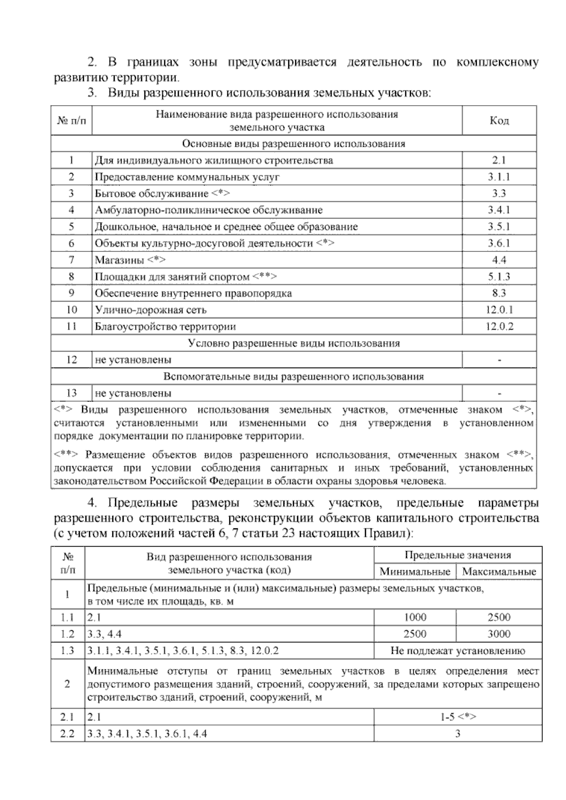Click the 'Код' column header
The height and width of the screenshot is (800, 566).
click(x=499, y=121)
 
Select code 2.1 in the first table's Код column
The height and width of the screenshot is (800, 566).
click(x=499, y=160)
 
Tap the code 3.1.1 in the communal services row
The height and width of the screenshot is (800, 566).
click(x=499, y=177)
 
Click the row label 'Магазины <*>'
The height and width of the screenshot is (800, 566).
click(x=130, y=260)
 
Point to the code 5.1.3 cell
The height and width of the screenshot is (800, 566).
click(x=499, y=277)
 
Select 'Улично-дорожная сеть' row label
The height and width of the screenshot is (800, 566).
click(x=150, y=310)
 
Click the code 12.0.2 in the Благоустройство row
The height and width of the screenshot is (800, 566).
click(x=499, y=326)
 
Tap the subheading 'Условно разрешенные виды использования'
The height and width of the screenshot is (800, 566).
click(x=293, y=343)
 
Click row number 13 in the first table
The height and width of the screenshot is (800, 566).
click(x=71, y=393)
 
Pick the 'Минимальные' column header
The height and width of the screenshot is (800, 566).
click(x=415, y=572)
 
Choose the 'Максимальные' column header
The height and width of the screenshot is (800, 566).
click(x=499, y=572)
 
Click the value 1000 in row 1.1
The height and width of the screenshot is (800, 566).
click(x=415, y=617)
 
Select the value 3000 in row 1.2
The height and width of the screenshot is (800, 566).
click(x=499, y=634)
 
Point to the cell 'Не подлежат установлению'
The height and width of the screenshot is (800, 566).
click(x=458, y=651)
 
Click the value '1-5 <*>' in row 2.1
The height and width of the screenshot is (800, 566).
click(x=458, y=717)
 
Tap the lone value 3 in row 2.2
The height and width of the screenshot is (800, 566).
click(x=458, y=733)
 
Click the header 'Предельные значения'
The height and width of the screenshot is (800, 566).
click(x=458, y=555)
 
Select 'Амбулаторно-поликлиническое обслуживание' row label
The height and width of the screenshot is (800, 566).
click(x=208, y=210)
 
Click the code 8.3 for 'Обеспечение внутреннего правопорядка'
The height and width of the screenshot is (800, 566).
click(x=499, y=293)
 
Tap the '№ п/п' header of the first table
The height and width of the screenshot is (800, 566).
click(x=71, y=121)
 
